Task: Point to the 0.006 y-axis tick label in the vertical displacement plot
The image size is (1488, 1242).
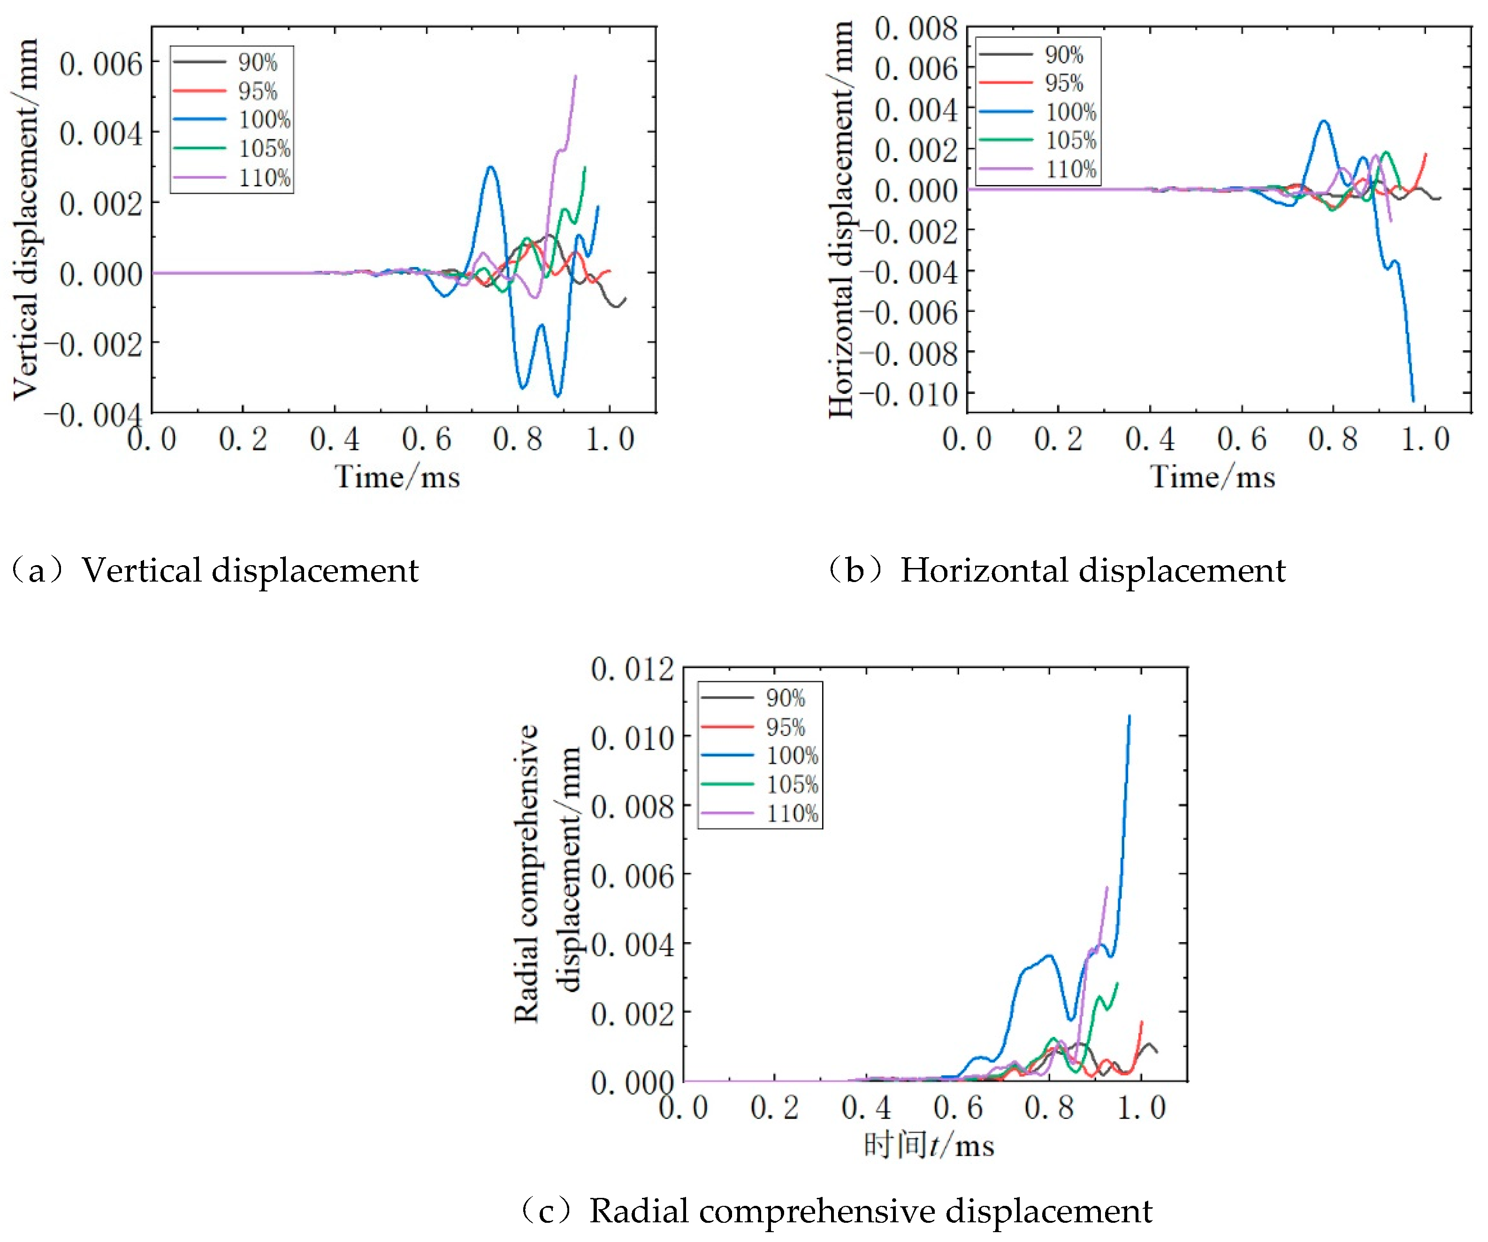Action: tap(100, 64)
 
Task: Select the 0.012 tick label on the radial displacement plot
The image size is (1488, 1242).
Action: tap(632, 668)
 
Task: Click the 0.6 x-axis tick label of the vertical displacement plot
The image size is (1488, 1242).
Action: tap(426, 439)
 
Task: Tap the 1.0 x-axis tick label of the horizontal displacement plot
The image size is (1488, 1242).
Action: tap(1425, 439)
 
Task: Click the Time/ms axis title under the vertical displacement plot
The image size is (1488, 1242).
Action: tap(397, 477)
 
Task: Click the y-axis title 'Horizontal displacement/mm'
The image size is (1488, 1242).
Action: tap(841, 220)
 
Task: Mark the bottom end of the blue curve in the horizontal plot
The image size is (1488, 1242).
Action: tap(1413, 400)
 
